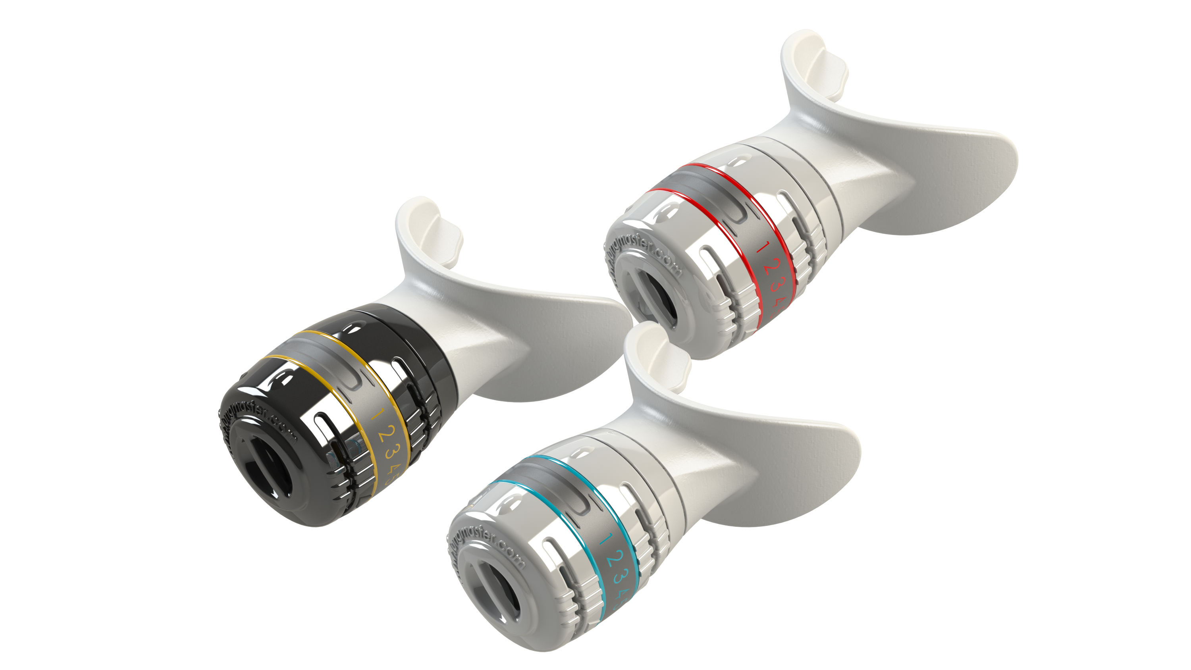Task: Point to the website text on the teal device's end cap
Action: click(486, 546)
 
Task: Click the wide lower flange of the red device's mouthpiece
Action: click(948, 176)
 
